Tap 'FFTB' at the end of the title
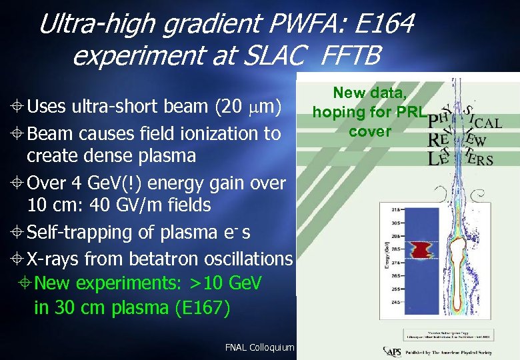pos(350,56)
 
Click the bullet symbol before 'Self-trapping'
pos(18,232)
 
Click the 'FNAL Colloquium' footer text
pos(259,347)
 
